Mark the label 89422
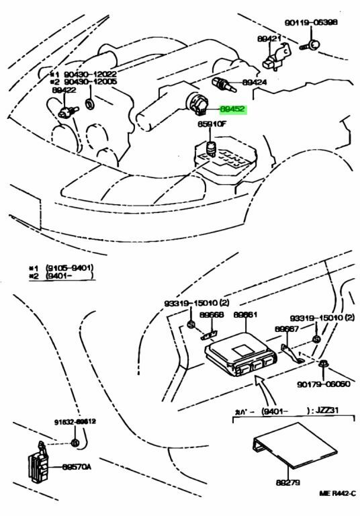coord(62,89)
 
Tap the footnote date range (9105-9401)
coord(69,267)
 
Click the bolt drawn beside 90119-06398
coord(312,46)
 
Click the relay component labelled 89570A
coord(36,464)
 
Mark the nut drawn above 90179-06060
coord(322,365)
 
